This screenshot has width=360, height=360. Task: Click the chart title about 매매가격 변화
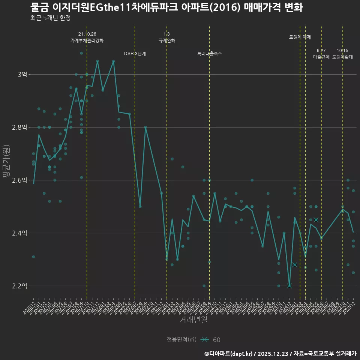(166, 7)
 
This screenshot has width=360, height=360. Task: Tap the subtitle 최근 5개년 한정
(50, 18)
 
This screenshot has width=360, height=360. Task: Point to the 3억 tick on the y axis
(22, 75)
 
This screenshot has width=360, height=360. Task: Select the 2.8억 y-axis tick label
(19, 127)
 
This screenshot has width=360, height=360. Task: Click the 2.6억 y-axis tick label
(19, 180)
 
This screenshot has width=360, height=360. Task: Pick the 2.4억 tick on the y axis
(19, 233)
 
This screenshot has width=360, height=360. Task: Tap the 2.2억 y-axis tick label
(19, 286)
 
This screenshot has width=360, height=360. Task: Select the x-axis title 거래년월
(193, 320)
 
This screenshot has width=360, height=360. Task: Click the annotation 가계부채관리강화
(87, 40)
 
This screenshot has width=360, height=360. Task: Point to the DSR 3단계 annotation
(135, 54)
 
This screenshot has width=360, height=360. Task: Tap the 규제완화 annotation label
(167, 40)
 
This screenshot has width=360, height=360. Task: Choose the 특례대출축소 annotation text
(210, 54)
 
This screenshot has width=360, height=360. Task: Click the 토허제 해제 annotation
(300, 37)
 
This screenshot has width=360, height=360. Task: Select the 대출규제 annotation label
(321, 57)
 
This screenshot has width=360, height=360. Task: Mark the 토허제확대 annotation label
(342, 57)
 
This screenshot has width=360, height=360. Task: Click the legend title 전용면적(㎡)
(181, 339)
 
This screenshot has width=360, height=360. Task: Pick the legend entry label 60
(217, 340)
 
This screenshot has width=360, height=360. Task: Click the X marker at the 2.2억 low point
(289, 286)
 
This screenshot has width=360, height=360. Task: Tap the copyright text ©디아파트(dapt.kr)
(228, 354)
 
